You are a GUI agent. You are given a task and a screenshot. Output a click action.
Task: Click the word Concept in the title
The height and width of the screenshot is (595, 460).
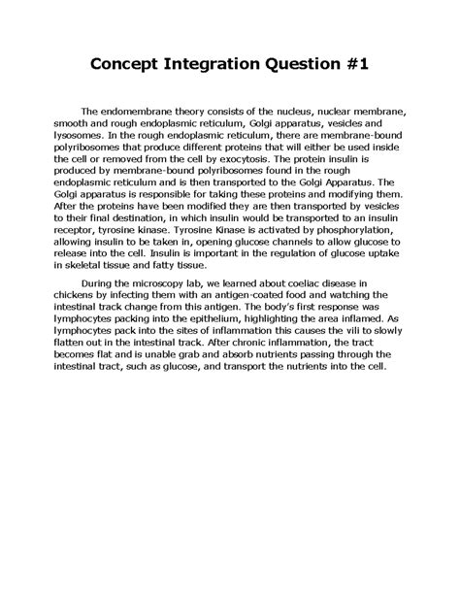[x=130, y=66]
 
